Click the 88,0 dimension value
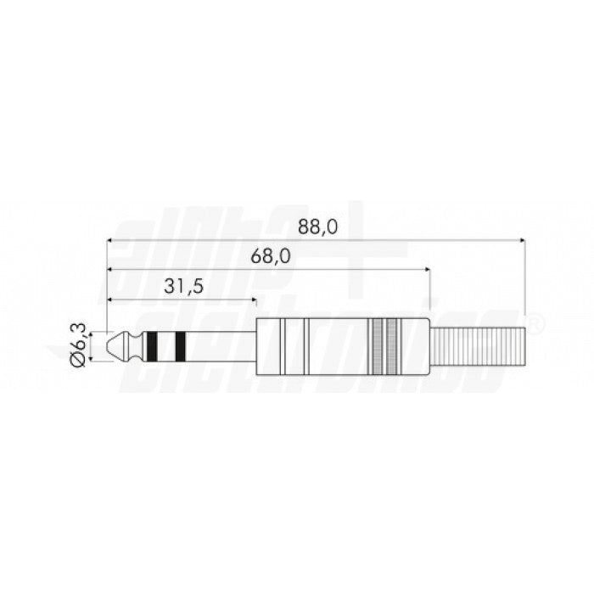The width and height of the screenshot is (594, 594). [318, 227]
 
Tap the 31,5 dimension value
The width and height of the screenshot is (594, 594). [183, 287]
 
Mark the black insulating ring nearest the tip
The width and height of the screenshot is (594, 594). [151, 345]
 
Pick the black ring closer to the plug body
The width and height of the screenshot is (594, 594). [180, 345]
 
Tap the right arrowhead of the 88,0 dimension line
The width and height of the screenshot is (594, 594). [520, 240]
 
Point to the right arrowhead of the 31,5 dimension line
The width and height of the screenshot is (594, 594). [252, 300]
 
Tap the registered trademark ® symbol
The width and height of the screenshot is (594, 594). [536, 322]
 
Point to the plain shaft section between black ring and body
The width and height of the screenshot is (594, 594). [219, 345]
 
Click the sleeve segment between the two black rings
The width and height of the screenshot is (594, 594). [165, 345]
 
